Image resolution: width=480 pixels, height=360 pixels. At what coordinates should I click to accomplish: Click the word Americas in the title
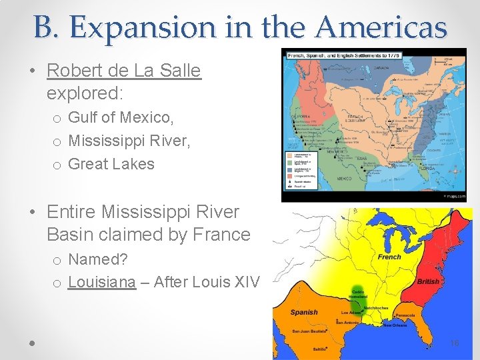tap(382, 27)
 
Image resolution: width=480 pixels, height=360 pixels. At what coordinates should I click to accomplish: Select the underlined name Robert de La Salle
tap(124, 71)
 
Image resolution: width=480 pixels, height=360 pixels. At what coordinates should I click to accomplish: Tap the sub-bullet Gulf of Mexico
tap(121, 118)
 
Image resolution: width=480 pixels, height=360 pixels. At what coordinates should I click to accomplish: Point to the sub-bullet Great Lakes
tap(111, 164)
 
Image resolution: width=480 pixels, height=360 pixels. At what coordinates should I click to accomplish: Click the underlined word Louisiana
tap(101, 282)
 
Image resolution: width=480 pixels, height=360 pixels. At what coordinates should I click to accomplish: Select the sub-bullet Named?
tap(97, 259)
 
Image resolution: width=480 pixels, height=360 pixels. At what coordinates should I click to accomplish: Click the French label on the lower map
tap(389, 257)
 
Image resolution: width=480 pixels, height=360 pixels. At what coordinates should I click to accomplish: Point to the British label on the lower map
tap(428, 281)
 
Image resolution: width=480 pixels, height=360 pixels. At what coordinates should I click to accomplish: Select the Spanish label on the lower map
tap(304, 312)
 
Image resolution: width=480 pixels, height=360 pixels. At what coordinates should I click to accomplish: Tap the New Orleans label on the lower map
tap(395, 325)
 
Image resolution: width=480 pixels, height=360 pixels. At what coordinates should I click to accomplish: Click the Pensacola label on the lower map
tap(405, 315)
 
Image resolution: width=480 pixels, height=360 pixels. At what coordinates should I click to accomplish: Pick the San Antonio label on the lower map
tap(348, 323)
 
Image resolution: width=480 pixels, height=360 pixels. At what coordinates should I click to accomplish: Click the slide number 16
tap(455, 343)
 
